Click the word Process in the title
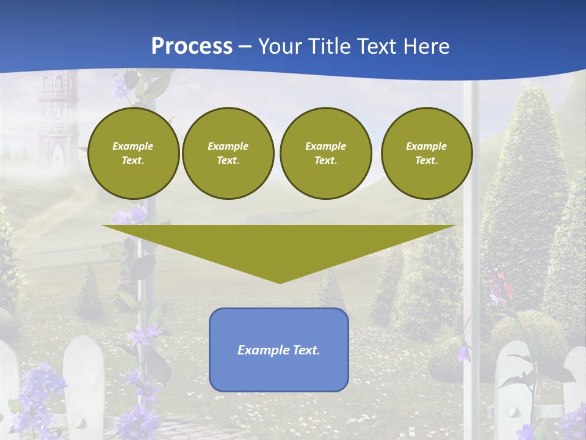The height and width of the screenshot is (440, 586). coord(192,46)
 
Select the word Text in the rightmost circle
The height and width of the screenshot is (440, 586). coord(426,161)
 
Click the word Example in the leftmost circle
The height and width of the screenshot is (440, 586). coord(133,146)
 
